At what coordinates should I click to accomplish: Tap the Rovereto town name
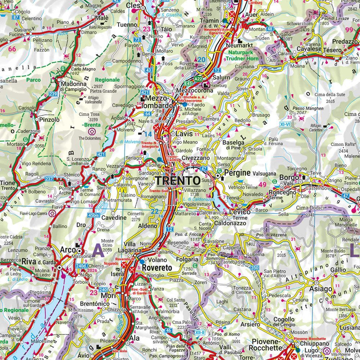pos(157,268)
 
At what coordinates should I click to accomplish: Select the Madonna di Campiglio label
pos(74,86)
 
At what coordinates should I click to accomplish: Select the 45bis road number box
pos(93,215)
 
